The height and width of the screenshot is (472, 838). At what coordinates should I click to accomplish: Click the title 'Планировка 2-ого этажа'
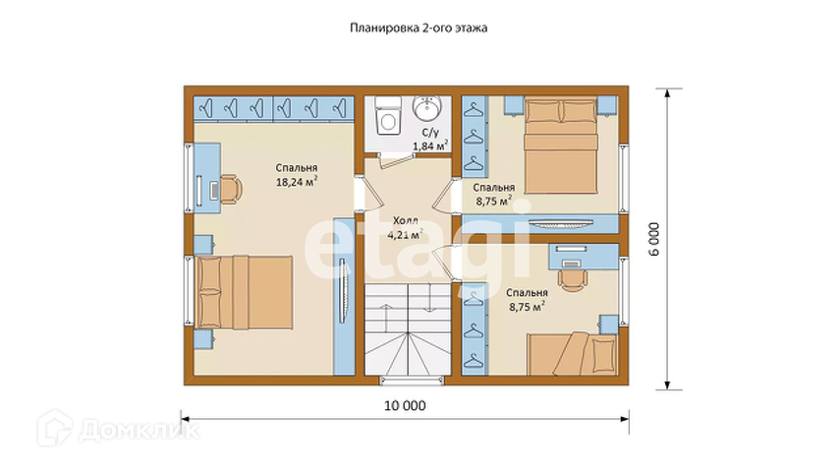pyautogui.click(x=419, y=28)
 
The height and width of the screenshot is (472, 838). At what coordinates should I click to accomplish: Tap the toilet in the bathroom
pyautogui.click(x=388, y=115)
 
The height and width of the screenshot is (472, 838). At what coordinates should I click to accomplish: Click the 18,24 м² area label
pyautogui.click(x=297, y=181)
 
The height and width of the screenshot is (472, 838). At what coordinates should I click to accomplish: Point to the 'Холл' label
pyautogui.click(x=406, y=220)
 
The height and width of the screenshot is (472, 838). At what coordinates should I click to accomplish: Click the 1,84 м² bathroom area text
pyautogui.click(x=430, y=146)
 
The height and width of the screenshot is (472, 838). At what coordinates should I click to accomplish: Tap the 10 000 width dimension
pyautogui.click(x=405, y=406)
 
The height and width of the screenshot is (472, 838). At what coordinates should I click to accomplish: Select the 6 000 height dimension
pyautogui.click(x=654, y=239)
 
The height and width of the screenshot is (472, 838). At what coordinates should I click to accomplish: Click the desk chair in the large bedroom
pyautogui.click(x=231, y=189)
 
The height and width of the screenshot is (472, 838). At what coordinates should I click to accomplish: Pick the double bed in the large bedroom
pyautogui.click(x=244, y=292)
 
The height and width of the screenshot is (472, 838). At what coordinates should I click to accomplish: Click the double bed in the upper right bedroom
pyautogui.click(x=561, y=145)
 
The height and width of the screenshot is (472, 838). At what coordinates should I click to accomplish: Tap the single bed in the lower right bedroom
pyautogui.click(x=572, y=354)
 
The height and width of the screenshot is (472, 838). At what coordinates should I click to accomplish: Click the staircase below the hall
pyautogui.click(x=408, y=329)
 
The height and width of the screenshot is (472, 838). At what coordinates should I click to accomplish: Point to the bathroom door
pyautogui.click(x=396, y=159)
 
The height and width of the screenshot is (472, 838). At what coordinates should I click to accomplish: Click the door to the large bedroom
pyautogui.click(x=372, y=195)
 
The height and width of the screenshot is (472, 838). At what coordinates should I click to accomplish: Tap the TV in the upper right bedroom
pyautogui.click(x=560, y=222)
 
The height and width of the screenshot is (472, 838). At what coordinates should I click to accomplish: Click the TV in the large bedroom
pyautogui.click(x=344, y=291)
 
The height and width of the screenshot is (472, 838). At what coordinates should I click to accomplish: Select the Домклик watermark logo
pyautogui.click(x=119, y=428)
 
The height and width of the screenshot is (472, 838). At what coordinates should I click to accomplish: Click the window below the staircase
pyautogui.click(x=412, y=381)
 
